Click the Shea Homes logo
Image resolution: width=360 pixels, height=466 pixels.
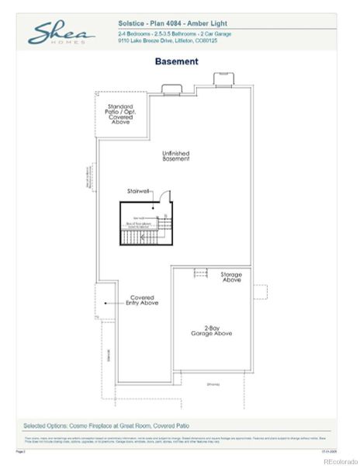[62, 35]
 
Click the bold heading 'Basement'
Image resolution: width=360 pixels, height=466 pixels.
[176, 61]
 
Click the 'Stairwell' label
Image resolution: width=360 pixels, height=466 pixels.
[140, 190]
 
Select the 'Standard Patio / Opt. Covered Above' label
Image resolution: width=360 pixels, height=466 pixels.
[120, 114]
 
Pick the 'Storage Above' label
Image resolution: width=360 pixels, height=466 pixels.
[231, 277]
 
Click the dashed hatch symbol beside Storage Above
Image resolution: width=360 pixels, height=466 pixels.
[200, 273]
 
